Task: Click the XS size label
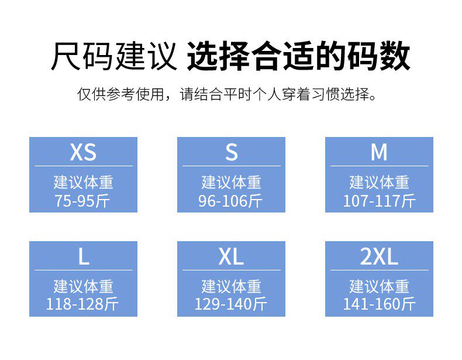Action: (x=83, y=152)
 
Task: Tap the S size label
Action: (x=232, y=152)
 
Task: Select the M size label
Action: (x=379, y=152)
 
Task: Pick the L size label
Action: (x=84, y=256)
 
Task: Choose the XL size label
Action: (x=231, y=256)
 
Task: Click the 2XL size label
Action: (x=379, y=256)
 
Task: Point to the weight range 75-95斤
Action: (x=83, y=201)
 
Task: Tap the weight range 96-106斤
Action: (x=231, y=201)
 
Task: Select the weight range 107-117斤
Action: (x=379, y=201)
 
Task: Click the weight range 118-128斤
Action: (x=83, y=304)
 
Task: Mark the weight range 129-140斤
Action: (x=231, y=304)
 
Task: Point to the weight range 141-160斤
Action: (x=379, y=304)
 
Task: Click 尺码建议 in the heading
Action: (x=113, y=57)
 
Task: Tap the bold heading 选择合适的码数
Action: (x=299, y=57)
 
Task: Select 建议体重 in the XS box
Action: (x=83, y=182)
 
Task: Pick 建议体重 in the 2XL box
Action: (x=379, y=286)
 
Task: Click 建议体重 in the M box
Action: (x=379, y=182)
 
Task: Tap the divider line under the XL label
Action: (x=231, y=270)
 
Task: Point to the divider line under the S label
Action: (x=231, y=166)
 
